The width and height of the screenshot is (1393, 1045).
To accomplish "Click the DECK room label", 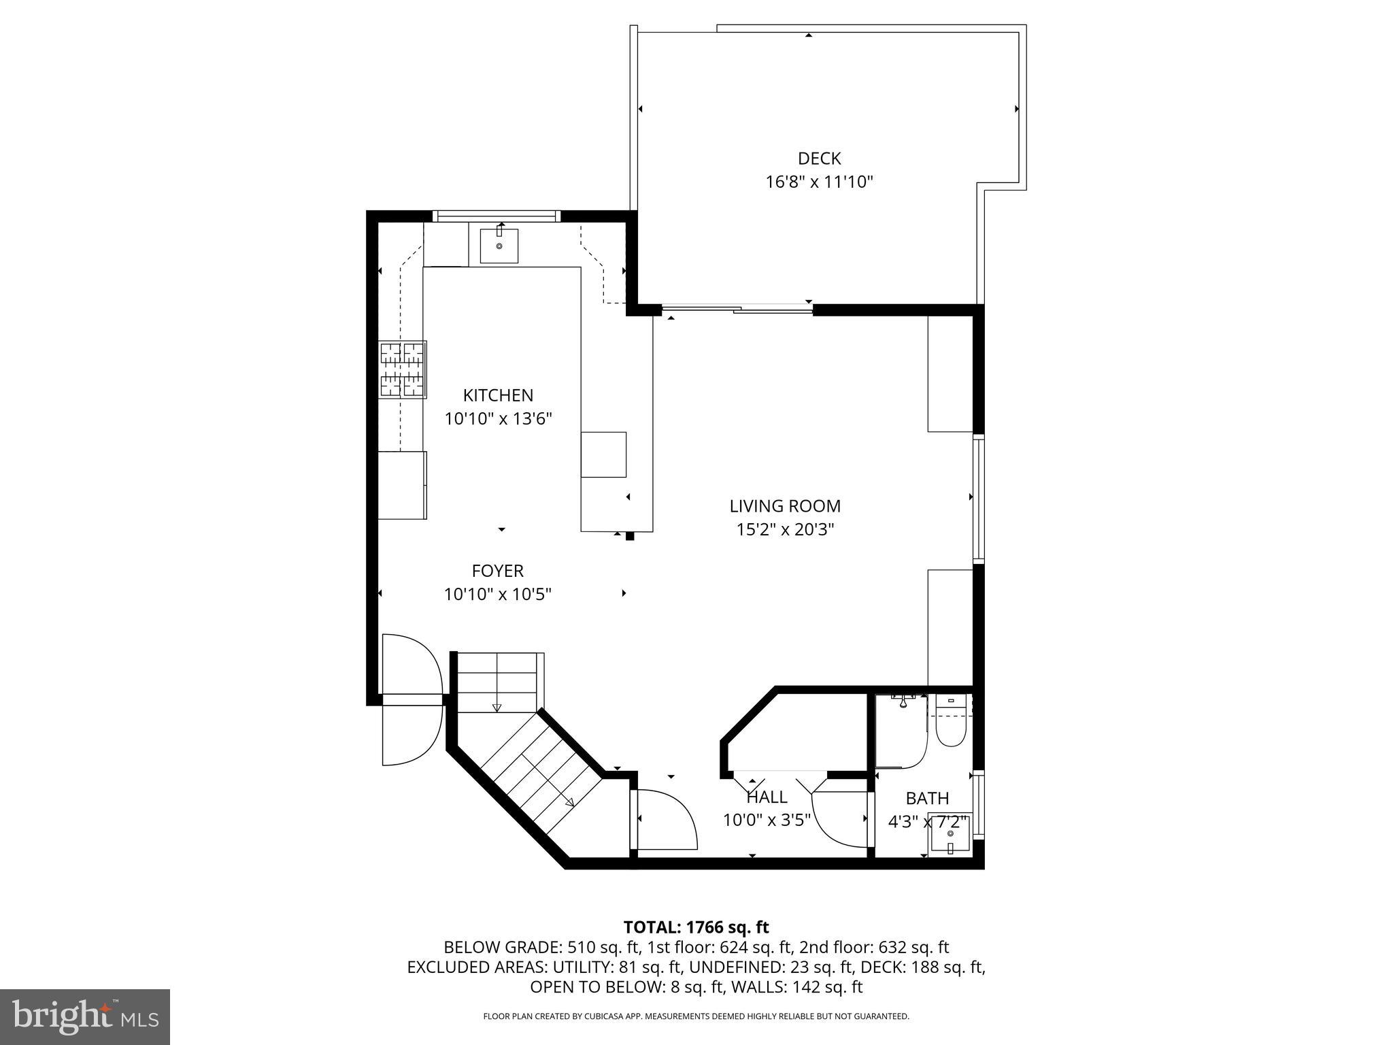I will tap(819, 159).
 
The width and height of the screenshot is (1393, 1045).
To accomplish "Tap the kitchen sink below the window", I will tap(499, 246).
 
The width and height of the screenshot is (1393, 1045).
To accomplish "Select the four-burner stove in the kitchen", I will tap(403, 369).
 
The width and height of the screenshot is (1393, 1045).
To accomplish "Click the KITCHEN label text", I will tap(498, 395).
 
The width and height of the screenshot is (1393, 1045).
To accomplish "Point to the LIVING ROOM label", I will tap(785, 506).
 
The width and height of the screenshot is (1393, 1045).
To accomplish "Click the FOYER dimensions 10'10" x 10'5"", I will tap(497, 595).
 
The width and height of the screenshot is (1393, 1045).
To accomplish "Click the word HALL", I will tap(767, 797).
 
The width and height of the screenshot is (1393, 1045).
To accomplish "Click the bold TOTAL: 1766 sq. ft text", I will tap(696, 927).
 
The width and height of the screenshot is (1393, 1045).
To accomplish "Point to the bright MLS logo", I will tap(85, 1017).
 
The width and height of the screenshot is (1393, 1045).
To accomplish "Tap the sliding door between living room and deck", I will tap(737, 310).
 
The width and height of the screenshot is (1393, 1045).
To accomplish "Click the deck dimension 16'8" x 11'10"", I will tap(819, 182).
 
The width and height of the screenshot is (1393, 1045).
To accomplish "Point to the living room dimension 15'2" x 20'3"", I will tap(785, 529).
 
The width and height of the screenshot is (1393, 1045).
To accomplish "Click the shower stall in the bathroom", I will tap(900, 731).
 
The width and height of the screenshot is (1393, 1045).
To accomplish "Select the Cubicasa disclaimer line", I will tap(696, 1016).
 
